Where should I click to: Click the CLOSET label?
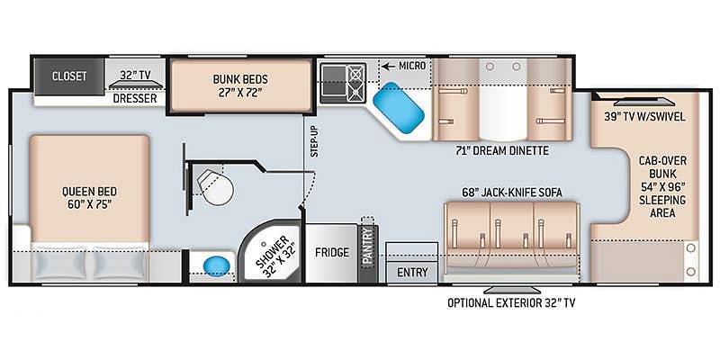coord(69,76)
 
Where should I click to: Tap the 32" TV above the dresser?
coord(136,85)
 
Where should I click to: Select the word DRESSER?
coord(135,98)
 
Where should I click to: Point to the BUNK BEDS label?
coord(240,78)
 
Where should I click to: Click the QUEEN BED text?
coord(89,191)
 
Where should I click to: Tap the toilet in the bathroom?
coord(215,187)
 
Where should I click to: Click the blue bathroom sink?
coord(216,265)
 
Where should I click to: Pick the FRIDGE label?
coord(332,253)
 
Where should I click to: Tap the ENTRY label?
coord(412,272)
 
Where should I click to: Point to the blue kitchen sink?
coord(398,107)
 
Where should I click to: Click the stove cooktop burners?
coord(355,83)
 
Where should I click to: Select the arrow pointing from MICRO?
coord(389,67)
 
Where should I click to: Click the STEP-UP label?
coord(314,141)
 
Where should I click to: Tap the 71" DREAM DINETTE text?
coord(504,150)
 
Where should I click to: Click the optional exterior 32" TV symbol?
coord(512,290)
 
